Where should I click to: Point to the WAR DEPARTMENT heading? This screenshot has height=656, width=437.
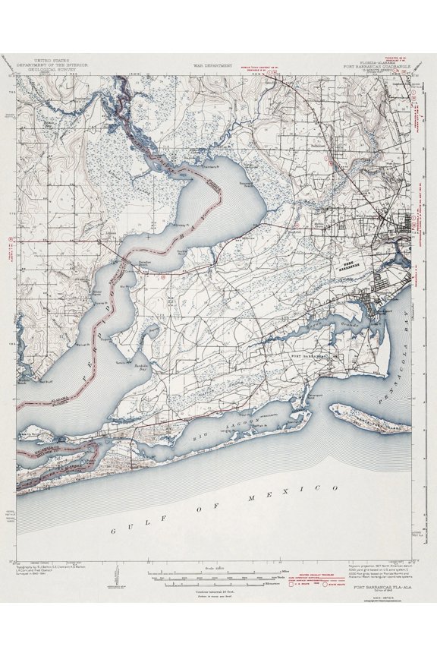coord(209,66)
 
